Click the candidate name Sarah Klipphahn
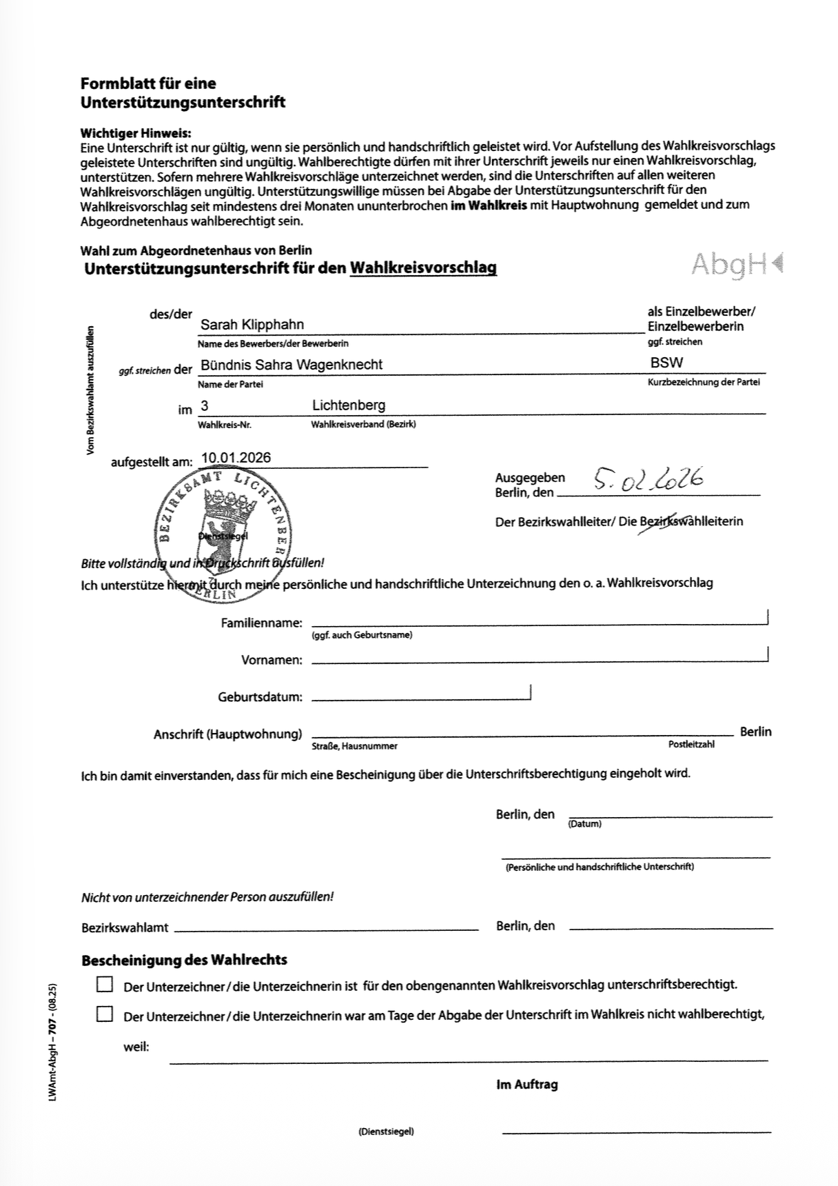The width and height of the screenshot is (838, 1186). pyautogui.click(x=252, y=325)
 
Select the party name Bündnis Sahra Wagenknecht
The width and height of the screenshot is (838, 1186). pyautogui.click(x=291, y=365)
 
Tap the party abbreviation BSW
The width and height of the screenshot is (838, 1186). pyautogui.click(x=666, y=363)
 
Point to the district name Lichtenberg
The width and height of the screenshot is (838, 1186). pyautogui.click(x=349, y=405)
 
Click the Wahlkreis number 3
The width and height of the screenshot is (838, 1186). pyautogui.click(x=205, y=406)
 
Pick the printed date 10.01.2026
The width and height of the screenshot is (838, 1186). pyautogui.click(x=236, y=458)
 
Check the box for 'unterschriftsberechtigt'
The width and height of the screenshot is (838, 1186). pyautogui.click(x=105, y=984)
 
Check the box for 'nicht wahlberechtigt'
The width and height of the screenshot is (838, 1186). pyautogui.click(x=105, y=1014)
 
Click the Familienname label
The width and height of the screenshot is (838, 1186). pyautogui.click(x=261, y=623)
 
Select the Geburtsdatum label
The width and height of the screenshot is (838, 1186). pyautogui.click(x=260, y=697)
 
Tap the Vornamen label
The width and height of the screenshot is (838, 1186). pyautogui.click(x=272, y=661)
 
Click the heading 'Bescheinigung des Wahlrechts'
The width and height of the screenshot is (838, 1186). pyautogui.click(x=184, y=960)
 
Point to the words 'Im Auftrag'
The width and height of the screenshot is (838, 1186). pyautogui.click(x=527, y=1085)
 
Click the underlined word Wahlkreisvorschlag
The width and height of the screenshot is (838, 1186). pyautogui.click(x=423, y=268)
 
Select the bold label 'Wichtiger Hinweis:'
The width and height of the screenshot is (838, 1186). pyautogui.click(x=136, y=133)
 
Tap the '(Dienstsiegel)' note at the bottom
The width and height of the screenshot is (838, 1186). pyautogui.click(x=386, y=1132)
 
